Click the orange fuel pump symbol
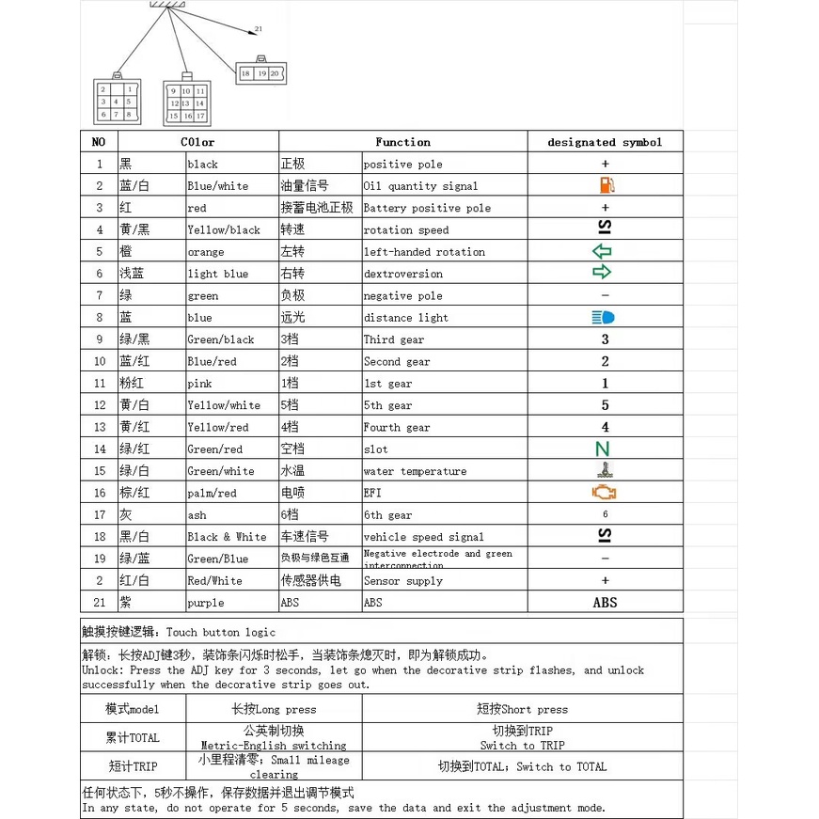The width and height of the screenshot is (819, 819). point(606,185)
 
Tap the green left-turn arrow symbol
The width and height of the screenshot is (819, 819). point(602,251)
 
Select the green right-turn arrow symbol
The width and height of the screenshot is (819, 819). point(602,273)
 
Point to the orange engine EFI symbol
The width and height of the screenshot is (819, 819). point(604,492)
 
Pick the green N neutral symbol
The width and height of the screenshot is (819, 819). point(603,449)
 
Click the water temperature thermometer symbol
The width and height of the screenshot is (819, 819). point(604,470)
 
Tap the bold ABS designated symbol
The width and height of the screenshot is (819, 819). point(605,602)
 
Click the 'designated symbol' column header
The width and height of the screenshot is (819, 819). point(605,142)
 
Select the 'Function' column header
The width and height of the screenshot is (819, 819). point(402,142)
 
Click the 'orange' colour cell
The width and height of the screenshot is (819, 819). point(206,252)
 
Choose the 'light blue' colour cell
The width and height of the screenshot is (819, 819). point(218,274)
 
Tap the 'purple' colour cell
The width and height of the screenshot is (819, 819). point(206,603)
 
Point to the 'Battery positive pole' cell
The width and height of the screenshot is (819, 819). point(427,208)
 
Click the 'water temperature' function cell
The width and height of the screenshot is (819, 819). point(415,471)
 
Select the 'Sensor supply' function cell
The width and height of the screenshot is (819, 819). point(402,581)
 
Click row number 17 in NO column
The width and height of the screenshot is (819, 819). point(99,514)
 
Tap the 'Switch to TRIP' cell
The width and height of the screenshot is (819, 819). point(523,737)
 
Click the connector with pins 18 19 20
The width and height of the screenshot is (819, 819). point(260,73)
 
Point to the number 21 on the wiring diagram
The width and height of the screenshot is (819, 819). point(258,29)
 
